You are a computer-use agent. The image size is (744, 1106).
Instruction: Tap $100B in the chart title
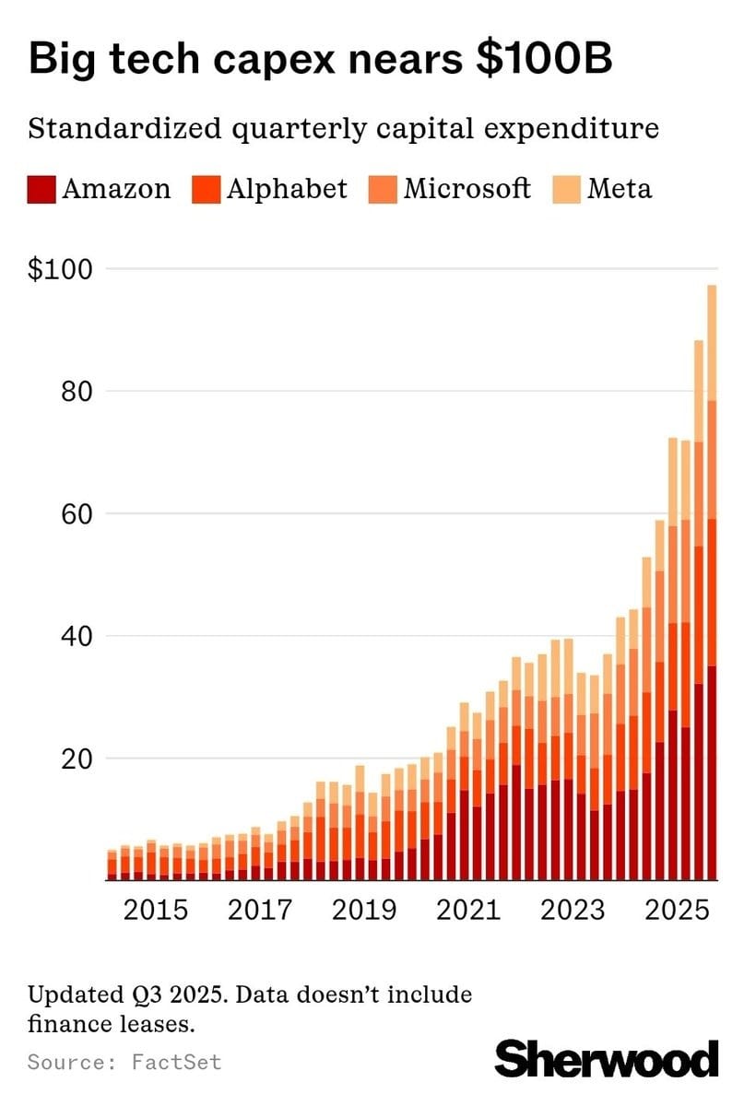click(x=536, y=59)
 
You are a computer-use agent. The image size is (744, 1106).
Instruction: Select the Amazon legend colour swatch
click(x=41, y=189)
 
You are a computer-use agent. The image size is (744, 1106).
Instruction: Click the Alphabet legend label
click(x=287, y=189)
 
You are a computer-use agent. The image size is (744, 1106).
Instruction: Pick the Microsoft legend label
click(x=466, y=189)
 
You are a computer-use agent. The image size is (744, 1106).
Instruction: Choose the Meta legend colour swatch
click(x=566, y=189)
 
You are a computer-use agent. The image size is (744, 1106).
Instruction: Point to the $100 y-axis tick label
click(x=61, y=270)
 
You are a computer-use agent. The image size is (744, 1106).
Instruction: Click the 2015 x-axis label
click(x=156, y=910)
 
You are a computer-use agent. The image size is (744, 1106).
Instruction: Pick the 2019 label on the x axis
click(x=365, y=910)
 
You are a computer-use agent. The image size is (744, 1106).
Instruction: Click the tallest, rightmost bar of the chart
click(x=712, y=590)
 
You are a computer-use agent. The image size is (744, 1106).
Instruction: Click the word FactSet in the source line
click(x=176, y=1062)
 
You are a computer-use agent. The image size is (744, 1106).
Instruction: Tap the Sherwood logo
click(x=607, y=1058)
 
